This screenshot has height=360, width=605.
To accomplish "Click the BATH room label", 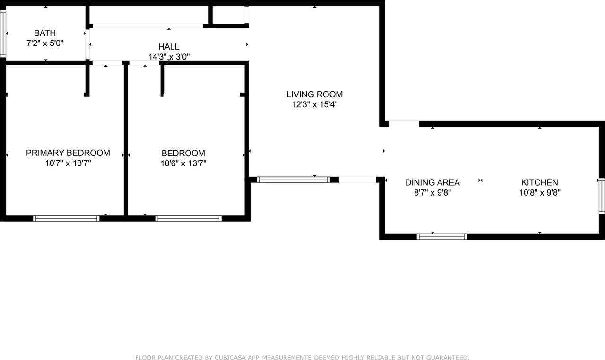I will pyautogui.click(x=45, y=33).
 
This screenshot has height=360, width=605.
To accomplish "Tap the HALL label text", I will pyautogui.click(x=169, y=47).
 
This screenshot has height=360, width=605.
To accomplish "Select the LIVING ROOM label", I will pyautogui.click(x=314, y=94).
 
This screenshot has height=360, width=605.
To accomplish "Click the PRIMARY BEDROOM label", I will pyautogui.click(x=68, y=153).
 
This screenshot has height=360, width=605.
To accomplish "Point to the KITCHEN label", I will pyautogui.click(x=539, y=182).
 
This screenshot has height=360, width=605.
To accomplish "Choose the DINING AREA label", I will pyautogui.click(x=432, y=182).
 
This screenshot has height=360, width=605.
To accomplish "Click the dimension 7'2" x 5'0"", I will pyautogui.click(x=45, y=43).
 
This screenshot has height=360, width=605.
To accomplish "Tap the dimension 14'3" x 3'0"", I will pyautogui.click(x=169, y=57).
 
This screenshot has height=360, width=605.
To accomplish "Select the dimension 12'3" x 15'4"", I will pyautogui.click(x=314, y=104).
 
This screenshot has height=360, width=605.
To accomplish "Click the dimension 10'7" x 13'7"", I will pyautogui.click(x=68, y=163).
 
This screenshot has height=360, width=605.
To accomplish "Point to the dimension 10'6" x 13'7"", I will pyautogui.click(x=183, y=163).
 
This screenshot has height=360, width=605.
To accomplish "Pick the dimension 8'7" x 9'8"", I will pyautogui.click(x=432, y=193).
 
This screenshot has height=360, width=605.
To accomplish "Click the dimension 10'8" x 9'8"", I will pyautogui.click(x=539, y=193).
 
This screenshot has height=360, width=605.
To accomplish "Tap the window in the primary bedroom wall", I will pyautogui.click(x=66, y=218).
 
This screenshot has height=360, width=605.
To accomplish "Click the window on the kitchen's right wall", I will pyautogui.click(x=602, y=195).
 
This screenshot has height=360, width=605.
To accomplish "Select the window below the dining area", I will pyautogui.click(x=442, y=237).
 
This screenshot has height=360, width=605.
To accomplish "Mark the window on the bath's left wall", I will pyautogui.click(x=3, y=34).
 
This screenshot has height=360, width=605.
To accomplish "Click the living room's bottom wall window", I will pyautogui.click(x=293, y=180).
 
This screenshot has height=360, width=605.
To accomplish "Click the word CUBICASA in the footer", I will pyautogui.click(x=220, y=358).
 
